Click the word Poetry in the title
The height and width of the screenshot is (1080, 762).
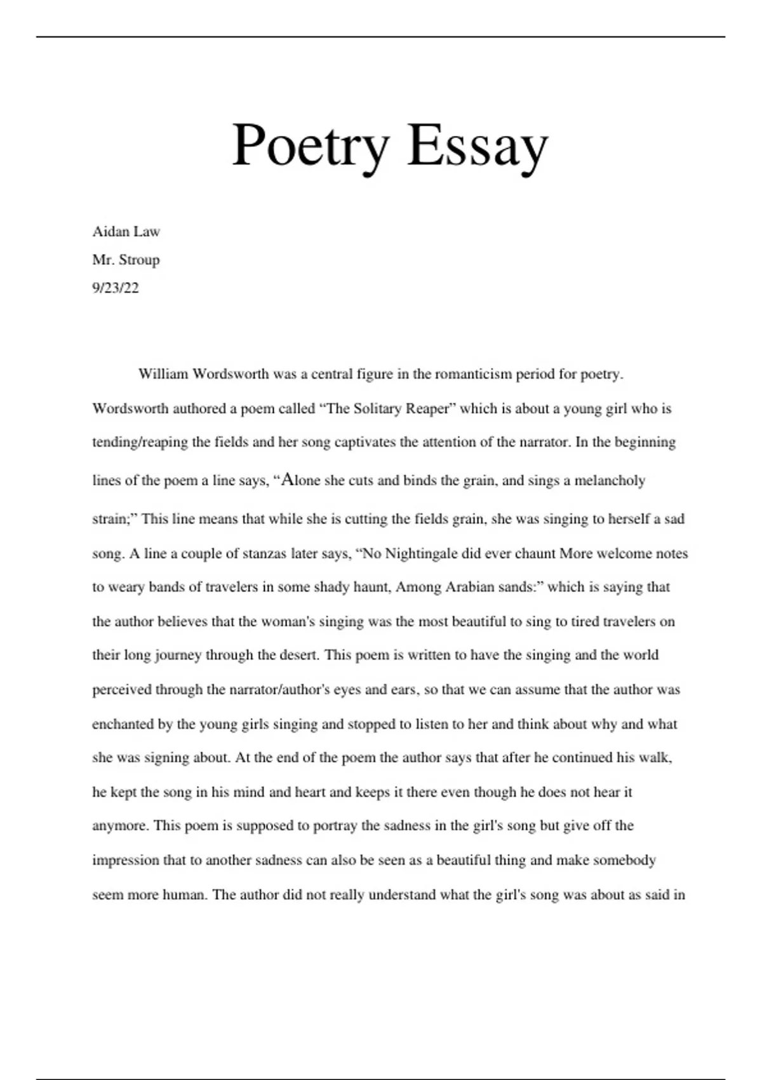pyautogui.click(x=310, y=146)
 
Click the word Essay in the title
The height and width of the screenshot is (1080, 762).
pyautogui.click(x=478, y=146)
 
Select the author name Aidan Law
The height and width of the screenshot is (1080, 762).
pyautogui.click(x=126, y=231)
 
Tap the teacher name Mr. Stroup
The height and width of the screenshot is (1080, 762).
pyautogui.click(x=126, y=260)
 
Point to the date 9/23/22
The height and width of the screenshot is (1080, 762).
pyautogui.click(x=115, y=288)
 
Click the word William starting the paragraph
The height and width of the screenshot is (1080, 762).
pyautogui.click(x=163, y=374)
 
